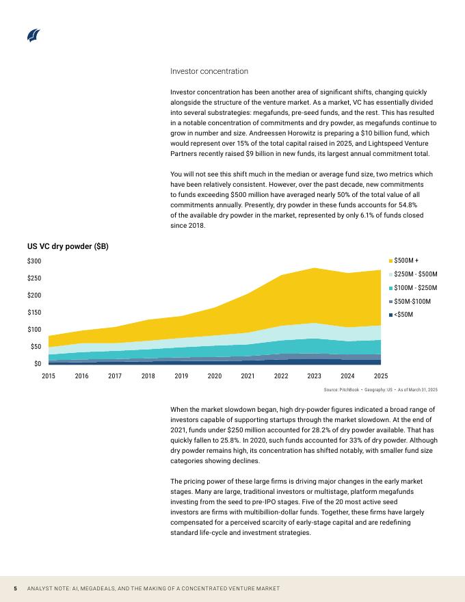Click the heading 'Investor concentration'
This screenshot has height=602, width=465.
pos(209,71)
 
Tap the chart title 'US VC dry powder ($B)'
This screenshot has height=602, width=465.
pos(68,246)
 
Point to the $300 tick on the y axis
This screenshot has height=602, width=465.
pos(34,261)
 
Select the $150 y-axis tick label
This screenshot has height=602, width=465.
pos(34,313)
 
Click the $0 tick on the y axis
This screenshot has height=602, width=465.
pos(37,364)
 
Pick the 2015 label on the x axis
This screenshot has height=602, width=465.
pos(49,376)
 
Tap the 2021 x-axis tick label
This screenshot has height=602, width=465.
pos(248,376)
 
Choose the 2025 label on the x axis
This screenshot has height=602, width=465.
pos(381,376)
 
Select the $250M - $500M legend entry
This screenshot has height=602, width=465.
pos(415,274)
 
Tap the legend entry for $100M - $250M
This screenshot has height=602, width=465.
pos(415,288)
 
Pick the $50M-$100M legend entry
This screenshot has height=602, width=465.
pos(412,301)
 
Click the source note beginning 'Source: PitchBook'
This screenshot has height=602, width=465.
pos(380,389)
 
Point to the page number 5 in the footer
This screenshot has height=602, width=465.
pos(15,589)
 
